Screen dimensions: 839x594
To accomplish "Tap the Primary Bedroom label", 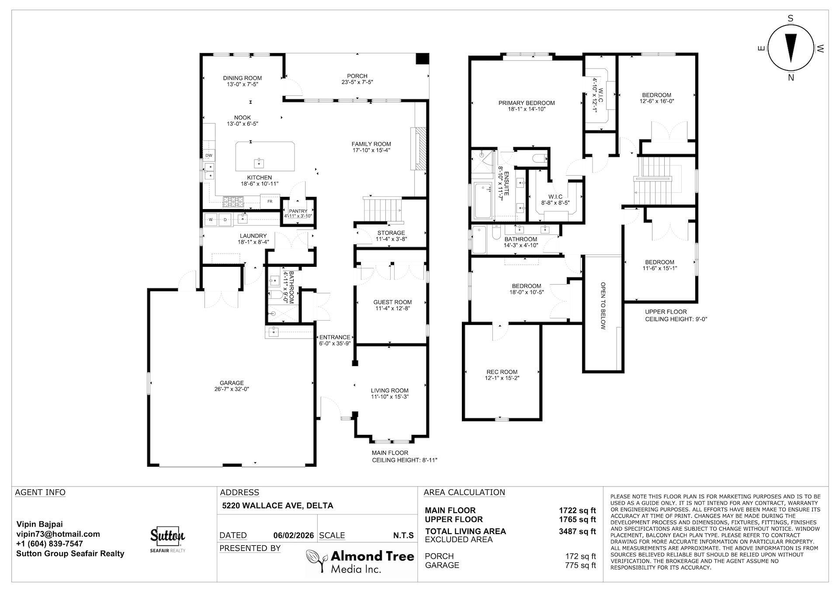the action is (x=527, y=103).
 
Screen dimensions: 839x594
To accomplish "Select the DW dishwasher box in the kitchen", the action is (x=208, y=155).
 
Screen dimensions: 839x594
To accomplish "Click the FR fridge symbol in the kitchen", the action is (x=270, y=201).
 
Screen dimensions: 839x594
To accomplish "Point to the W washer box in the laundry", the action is (x=211, y=220).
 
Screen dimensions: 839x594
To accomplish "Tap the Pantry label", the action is (x=298, y=211).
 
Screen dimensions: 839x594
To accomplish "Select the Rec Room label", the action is (x=502, y=372).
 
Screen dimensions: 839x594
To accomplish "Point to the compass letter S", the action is (x=790, y=18).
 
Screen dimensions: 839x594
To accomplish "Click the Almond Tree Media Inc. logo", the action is (x=360, y=562).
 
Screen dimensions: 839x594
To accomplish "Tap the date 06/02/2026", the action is (x=293, y=535).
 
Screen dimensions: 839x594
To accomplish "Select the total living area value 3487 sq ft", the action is (x=577, y=531).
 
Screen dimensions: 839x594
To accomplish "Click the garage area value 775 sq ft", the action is (x=580, y=565).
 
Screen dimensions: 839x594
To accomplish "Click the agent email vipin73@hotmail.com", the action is (x=58, y=534).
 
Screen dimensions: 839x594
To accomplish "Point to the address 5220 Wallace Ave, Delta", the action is (x=277, y=506).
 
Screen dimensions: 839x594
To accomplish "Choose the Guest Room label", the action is (x=392, y=302).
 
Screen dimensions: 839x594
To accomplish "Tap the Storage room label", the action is (x=391, y=233).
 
